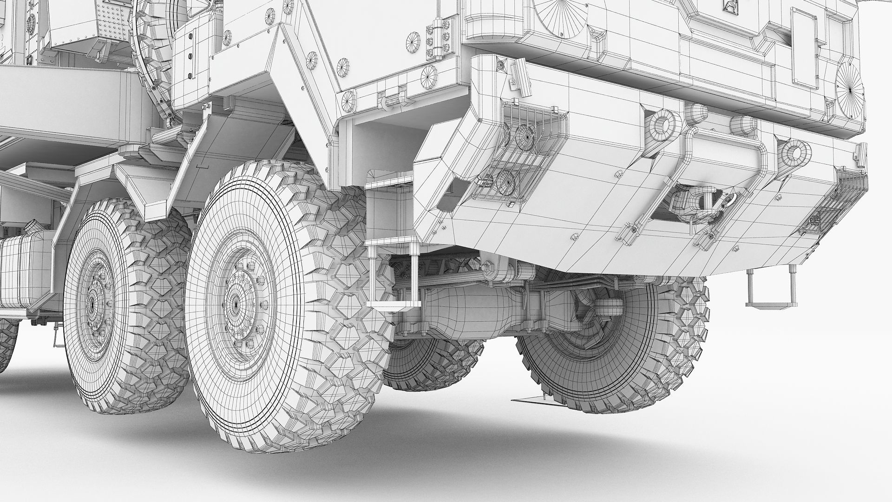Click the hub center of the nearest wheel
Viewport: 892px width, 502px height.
(x=236, y=303)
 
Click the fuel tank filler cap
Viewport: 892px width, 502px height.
(x=31, y=229)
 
